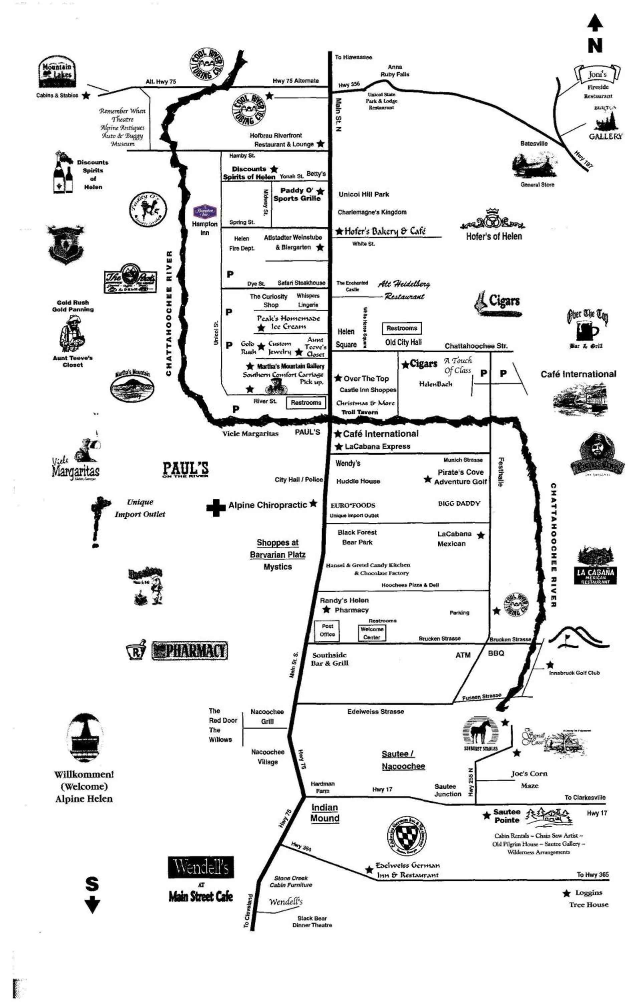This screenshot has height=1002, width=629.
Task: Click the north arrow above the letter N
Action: [x=595, y=23]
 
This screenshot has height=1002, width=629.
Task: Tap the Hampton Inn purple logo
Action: [x=205, y=211]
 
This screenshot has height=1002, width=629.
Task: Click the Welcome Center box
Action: [x=372, y=633]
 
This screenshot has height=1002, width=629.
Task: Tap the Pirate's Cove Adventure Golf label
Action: [x=460, y=477]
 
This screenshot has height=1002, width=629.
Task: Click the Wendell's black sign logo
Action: [x=201, y=867]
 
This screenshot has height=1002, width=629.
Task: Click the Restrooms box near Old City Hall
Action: [x=401, y=328]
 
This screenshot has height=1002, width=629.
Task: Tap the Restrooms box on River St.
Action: [x=306, y=402]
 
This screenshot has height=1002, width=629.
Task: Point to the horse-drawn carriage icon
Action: [x=274, y=387]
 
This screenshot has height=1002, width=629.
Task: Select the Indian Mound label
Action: [x=325, y=813]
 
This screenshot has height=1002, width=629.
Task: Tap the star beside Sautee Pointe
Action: [x=486, y=815]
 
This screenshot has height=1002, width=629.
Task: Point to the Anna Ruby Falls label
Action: [x=395, y=70]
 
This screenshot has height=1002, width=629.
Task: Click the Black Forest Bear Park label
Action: [x=357, y=537]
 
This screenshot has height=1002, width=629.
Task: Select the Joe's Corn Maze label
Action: [x=529, y=779]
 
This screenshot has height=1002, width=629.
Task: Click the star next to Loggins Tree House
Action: [x=566, y=893]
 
